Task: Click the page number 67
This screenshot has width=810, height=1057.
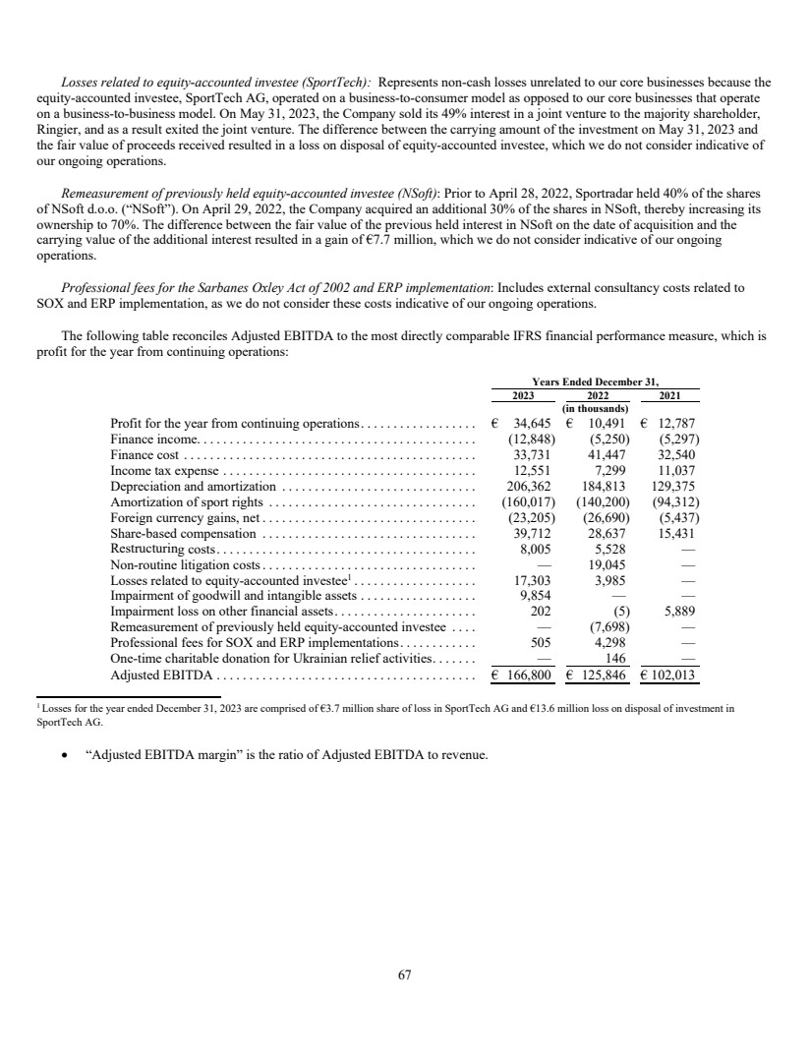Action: point(404,975)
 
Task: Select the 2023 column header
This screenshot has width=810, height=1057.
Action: point(522,395)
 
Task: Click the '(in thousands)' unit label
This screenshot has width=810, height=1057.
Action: point(595,408)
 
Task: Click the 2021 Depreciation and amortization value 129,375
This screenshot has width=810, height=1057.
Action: point(672,486)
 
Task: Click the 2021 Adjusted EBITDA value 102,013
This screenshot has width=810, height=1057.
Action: point(672,675)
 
